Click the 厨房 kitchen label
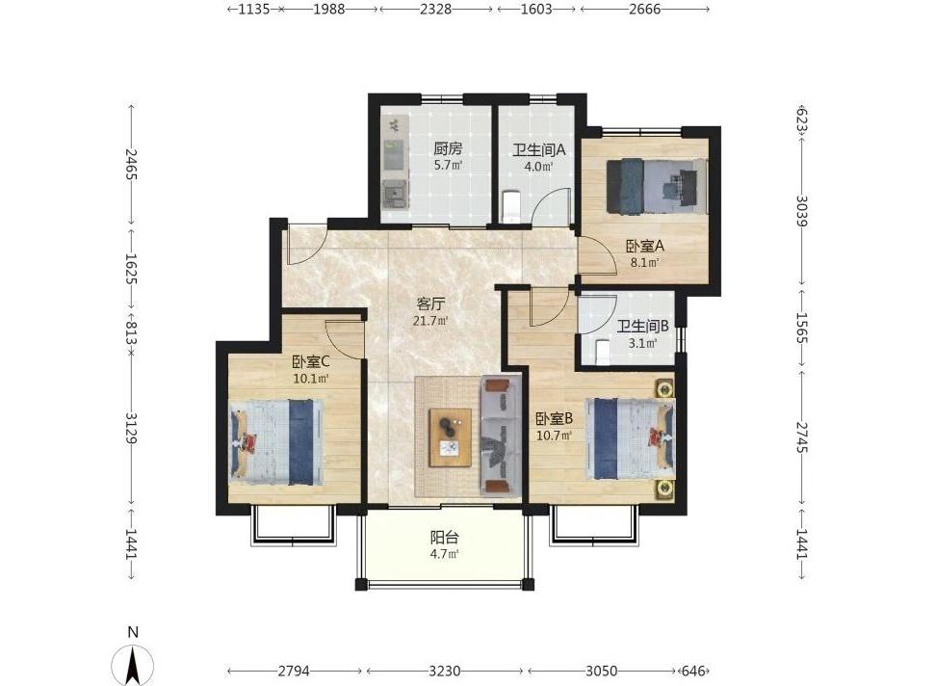click(448, 148)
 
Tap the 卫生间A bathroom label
click(538, 149)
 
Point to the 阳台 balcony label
click(445, 537)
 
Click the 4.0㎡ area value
click(538, 167)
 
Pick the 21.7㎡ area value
click(430, 321)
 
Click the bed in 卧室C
click(277, 442)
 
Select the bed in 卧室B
click(631, 438)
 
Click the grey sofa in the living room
click(502, 436)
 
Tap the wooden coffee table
click(451, 438)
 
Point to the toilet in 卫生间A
click(512, 206)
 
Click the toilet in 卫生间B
click(602, 352)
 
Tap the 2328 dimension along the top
click(435, 9)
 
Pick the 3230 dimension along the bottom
click(445, 672)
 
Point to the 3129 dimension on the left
click(132, 428)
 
